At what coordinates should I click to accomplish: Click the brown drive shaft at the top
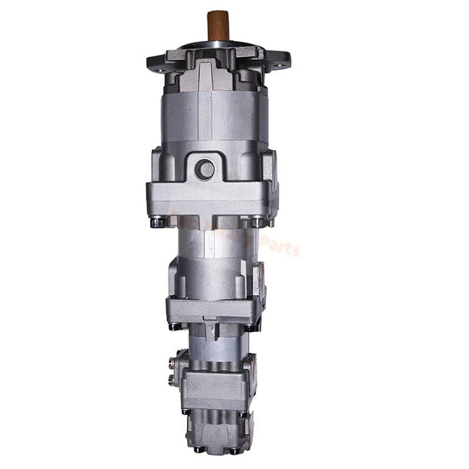pos(216,26)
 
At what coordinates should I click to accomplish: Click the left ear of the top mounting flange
pos(158,60)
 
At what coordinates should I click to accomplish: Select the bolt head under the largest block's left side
pos(157,221)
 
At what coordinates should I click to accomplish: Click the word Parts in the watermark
pos(281,248)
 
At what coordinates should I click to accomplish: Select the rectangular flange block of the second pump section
pos(213,308)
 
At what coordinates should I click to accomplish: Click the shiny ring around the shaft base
pos(216,45)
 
